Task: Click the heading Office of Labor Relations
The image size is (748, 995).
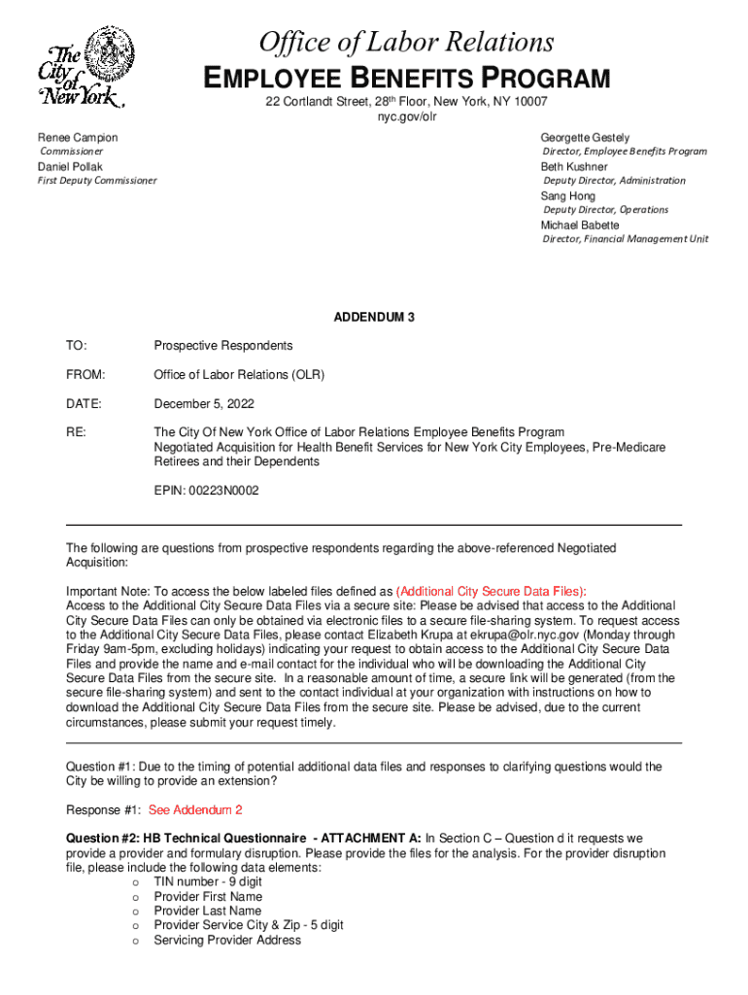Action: [x=406, y=42]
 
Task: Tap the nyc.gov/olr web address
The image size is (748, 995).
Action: [x=406, y=118]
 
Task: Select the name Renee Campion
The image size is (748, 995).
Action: [x=78, y=138]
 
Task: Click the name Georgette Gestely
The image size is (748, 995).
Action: [x=585, y=138]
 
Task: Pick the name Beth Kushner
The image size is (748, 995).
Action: [x=574, y=167]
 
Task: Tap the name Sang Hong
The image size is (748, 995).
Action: [x=568, y=196]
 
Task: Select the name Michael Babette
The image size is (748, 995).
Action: [x=580, y=225]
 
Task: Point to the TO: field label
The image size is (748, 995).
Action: [x=76, y=346]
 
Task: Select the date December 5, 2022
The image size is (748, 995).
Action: [x=204, y=403]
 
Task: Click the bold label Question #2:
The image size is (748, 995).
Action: [x=101, y=838]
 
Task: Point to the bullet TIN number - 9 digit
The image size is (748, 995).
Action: [x=208, y=882]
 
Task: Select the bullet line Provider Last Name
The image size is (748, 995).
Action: [x=208, y=911]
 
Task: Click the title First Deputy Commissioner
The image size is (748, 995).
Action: [x=97, y=181]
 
